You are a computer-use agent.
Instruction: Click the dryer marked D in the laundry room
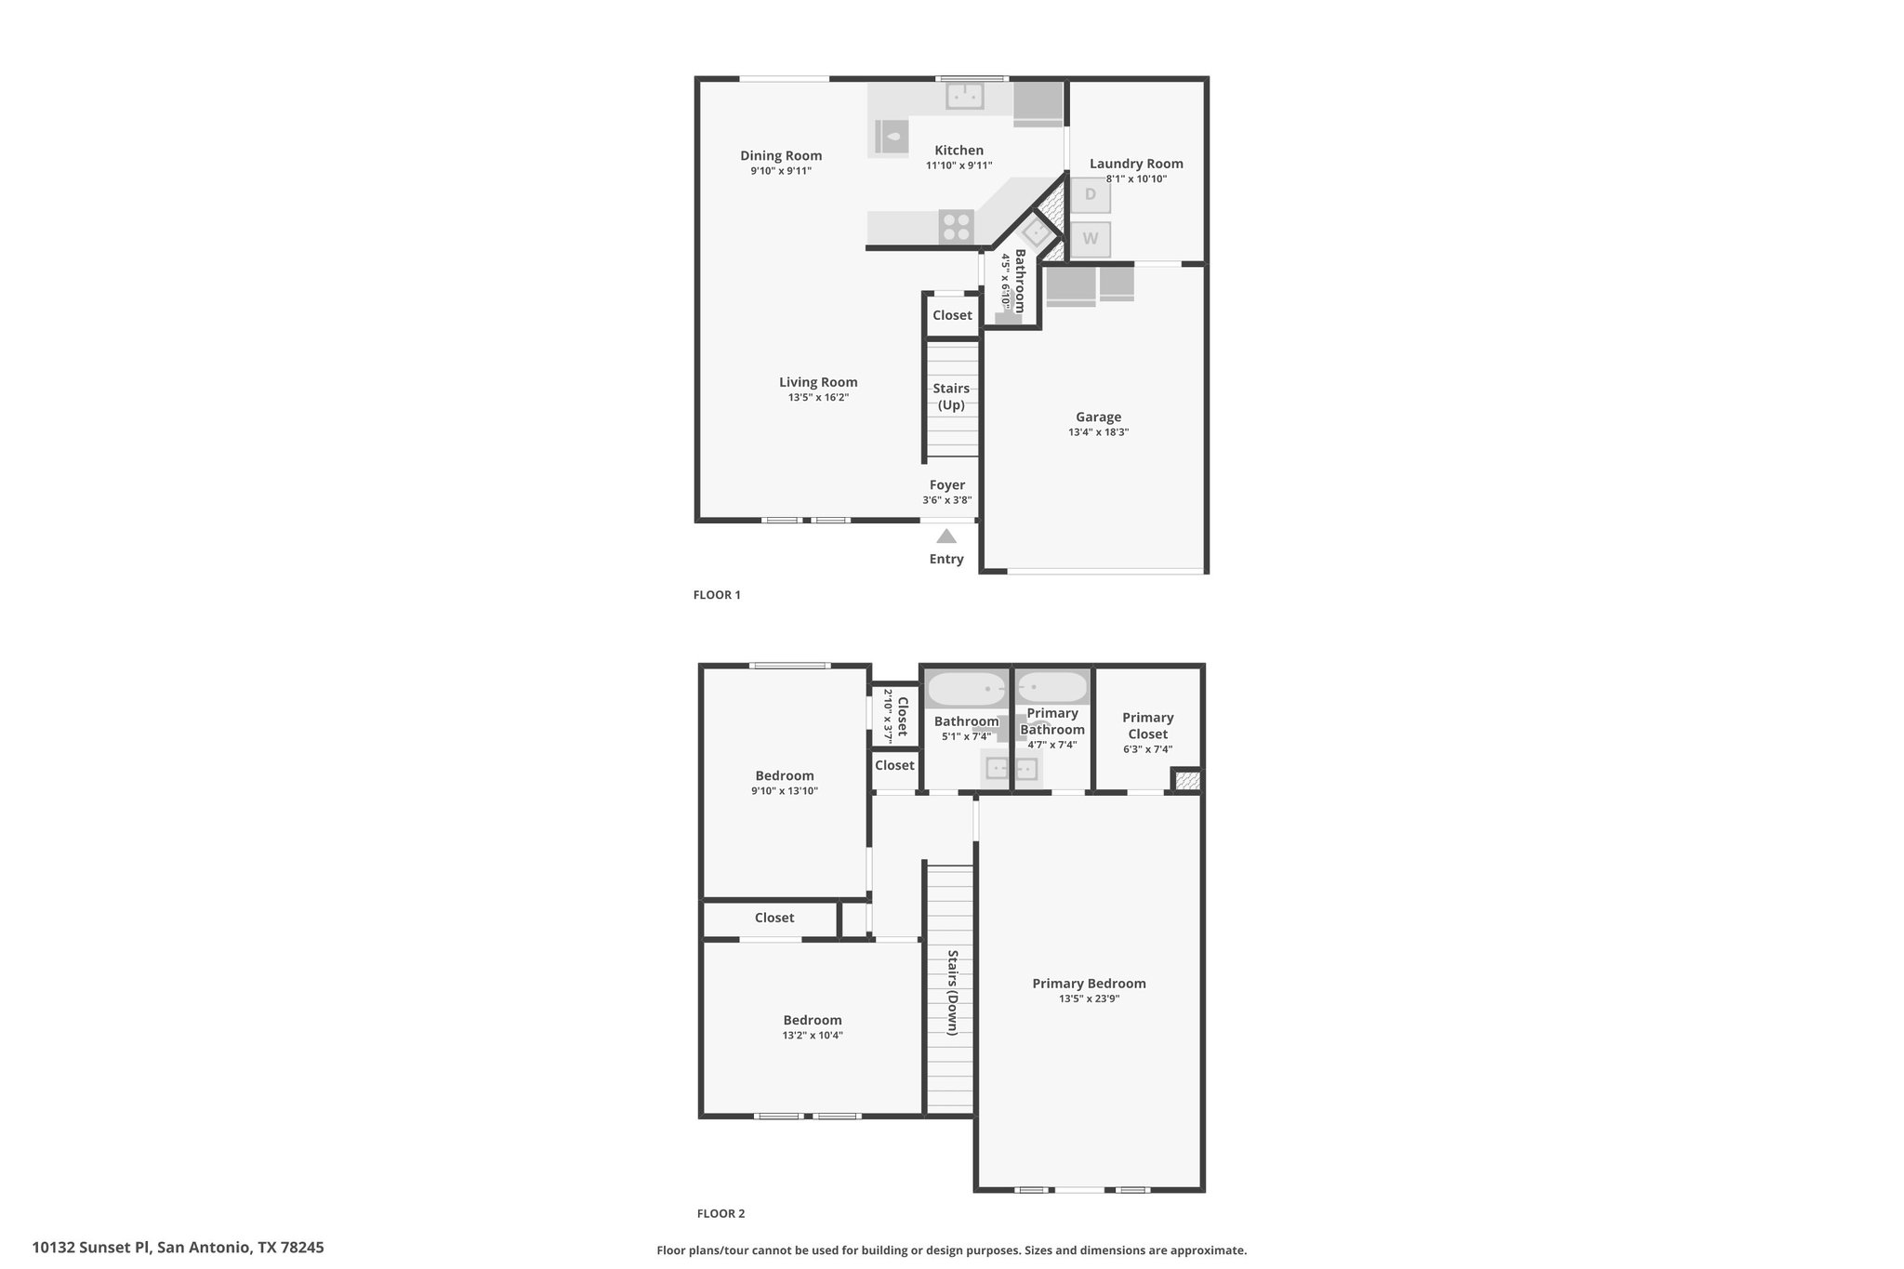coord(1091,194)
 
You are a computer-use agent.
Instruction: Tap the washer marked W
coord(1091,239)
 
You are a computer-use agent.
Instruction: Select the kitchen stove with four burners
coord(956,227)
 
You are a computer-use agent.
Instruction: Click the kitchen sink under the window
coord(965,96)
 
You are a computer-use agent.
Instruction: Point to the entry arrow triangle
coord(946,535)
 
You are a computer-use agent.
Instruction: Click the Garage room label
coord(1099,417)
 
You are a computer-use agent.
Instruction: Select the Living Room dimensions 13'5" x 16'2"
coord(819,398)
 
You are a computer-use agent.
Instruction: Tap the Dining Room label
coord(781,155)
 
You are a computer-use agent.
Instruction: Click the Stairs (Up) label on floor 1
coord(951,397)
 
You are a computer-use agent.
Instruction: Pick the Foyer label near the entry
coord(947,485)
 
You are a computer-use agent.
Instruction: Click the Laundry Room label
coord(1136,164)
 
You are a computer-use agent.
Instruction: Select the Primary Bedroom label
coord(1090,984)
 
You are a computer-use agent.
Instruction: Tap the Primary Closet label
coord(1148,726)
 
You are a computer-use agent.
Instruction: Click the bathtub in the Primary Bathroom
coord(1052,688)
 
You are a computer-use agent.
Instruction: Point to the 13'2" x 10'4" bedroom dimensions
coord(813,1036)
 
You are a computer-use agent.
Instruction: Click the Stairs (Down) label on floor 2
coord(953,992)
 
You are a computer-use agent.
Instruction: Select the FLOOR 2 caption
coord(721,1213)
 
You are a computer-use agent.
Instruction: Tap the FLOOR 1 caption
coord(717,595)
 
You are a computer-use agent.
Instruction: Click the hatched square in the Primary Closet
coord(1186,780)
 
